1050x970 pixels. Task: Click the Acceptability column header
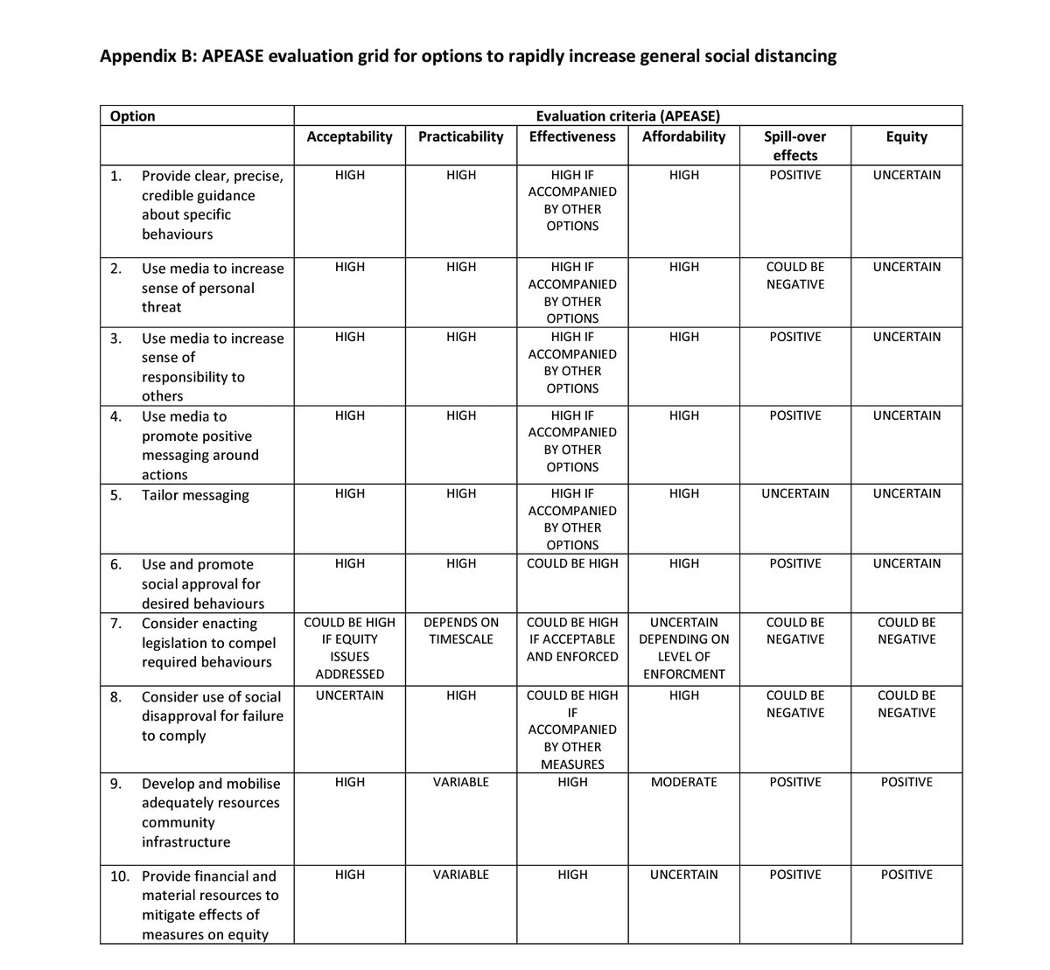coord(349,136)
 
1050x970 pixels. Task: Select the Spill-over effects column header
coord(794,145)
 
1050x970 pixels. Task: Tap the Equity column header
coord(906,136)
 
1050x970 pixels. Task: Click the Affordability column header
coord(683,136)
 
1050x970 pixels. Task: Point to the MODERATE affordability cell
coord(683,782)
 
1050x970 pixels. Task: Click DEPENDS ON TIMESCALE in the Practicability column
coord(460,631)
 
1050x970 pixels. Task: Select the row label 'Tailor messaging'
coord(195,495)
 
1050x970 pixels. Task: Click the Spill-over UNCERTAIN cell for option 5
coord(794,493)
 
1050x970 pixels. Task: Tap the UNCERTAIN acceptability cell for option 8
coord(349,695)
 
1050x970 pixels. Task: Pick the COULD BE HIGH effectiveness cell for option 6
coord(572,563)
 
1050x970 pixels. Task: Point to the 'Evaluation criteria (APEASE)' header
coord(627,116)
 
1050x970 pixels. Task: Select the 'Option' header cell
coord(133,116)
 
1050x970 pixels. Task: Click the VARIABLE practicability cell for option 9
coord(460,782)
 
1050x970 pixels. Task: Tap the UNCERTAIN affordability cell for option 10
coord(683,875)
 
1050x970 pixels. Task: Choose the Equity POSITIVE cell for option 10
coord(906,875)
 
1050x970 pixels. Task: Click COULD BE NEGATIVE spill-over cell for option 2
coord(794,276)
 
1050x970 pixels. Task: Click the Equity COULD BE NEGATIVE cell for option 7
coord(906,631)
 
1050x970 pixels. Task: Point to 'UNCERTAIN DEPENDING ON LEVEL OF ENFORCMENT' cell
coord(683,648)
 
